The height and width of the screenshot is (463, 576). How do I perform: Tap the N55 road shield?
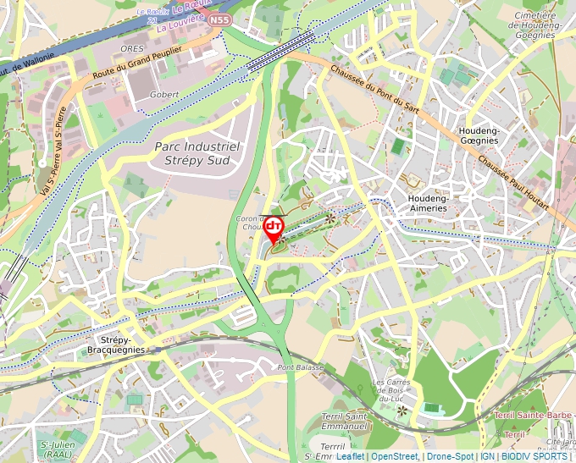click(x=219, y=19)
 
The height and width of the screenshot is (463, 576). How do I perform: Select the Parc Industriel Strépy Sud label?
click(x=197, y=153)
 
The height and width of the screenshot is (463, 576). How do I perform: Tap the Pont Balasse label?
click(x=301, y=367)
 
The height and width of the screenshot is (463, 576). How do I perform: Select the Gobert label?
click(x=163, y=94)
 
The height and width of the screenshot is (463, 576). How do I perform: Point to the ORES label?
click(x=132, y=49)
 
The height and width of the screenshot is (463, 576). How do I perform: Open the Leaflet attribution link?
click(x=351, y=456)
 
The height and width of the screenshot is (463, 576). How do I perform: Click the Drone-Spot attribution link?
click(x=450, y=456)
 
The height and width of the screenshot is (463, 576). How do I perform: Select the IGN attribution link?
click(x=487, y=456)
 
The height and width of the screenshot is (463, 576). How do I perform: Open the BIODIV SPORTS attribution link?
click(x=534, y=456)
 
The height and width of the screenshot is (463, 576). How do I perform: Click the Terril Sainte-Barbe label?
click(x=534, y=416)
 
